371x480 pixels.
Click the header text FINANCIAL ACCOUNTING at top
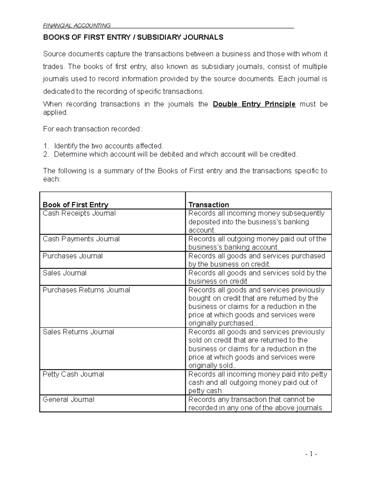[77, 25]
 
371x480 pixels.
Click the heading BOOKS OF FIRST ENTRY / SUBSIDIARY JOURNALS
[133, 37]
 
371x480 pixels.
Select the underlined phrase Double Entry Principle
[254, 104]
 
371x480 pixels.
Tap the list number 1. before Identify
[46, 146]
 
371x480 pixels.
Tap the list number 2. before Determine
[46, 154]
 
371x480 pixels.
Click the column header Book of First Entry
[75, 205]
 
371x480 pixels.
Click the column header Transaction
[209, 205]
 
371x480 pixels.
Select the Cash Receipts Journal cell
[79, 213]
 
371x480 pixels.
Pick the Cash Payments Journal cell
[81, 239]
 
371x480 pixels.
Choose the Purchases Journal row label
[73, 256]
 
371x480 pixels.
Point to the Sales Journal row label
[65, 273]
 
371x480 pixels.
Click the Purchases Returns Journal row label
[86, 290]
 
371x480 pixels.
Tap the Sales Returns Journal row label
[78, 332]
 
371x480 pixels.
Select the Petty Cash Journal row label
[73, 374]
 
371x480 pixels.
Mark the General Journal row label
[68, 400]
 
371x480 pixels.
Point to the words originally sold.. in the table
[212, 366]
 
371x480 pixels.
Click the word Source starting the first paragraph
[54, 54]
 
